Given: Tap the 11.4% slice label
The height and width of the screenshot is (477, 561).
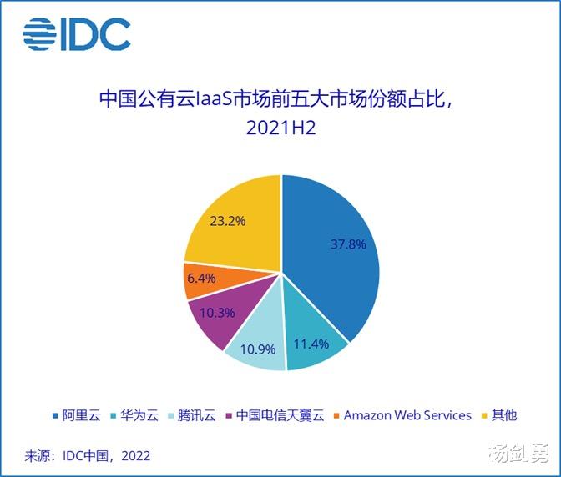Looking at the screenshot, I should click(x=311, y=344).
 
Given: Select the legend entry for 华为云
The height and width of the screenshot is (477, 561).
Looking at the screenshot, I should click(x=134, y=414).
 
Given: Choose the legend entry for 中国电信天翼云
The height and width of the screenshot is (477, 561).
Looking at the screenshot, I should click(x=275, y=414).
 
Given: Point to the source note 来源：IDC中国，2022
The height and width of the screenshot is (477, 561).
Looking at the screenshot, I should click(x=87, y=456).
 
